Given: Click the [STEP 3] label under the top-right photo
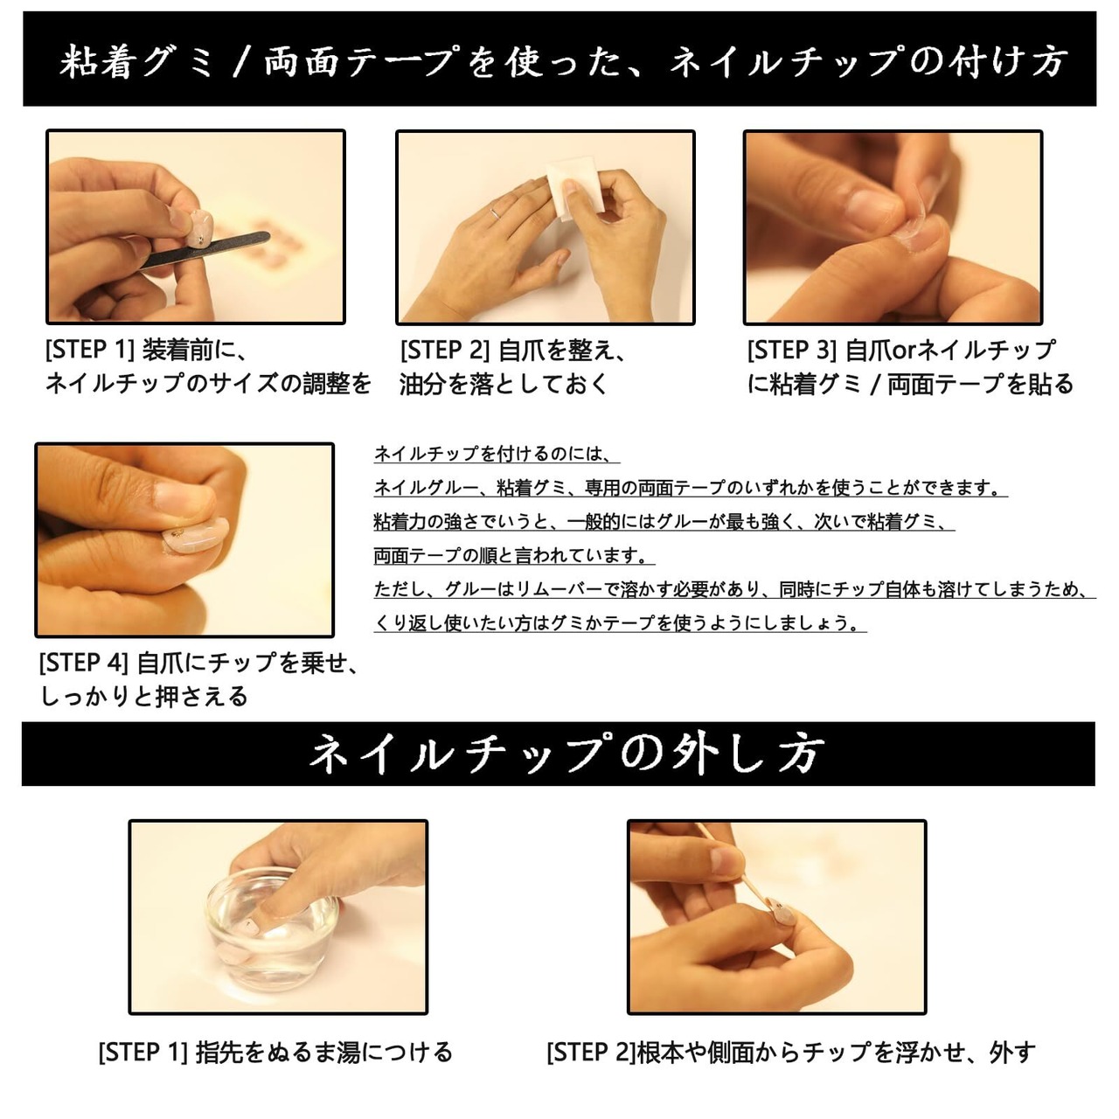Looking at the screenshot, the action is click(x=791, y=351).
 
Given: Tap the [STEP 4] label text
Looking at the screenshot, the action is click(x=84, y=664).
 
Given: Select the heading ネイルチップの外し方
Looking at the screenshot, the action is click(x=566, y=754).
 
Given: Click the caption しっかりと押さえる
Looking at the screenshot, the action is click(x=143, y=696).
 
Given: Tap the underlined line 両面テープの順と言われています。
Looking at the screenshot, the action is click(x=514, y=556).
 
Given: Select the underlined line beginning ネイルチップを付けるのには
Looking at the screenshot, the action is click(x=497, y=454).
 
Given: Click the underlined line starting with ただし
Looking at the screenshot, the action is click(x=734, y=589).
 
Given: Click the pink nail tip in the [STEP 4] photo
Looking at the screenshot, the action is click(x=194, y=535).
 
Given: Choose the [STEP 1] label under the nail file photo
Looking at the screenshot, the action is click(x=90, y=350).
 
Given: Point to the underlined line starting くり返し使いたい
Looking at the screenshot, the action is click(x=620, y=623).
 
